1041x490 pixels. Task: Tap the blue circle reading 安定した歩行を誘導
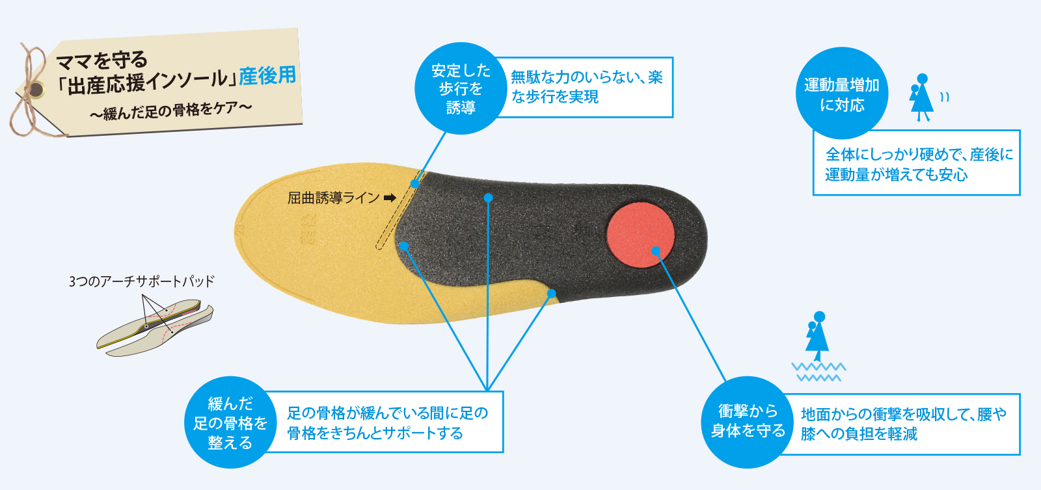[x=461, y=88]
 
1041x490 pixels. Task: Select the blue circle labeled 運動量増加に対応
[x=842, y=94]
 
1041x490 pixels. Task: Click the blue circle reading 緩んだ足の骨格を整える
[x=230, y=423]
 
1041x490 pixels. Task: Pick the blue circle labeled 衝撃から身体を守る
[x=748, y=422]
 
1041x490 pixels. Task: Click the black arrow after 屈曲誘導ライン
[x=390, y=198]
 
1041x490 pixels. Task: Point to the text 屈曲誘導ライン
[x=333, y=198]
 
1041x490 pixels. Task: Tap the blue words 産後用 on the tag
[x=267, y=76]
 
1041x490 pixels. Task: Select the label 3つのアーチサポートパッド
[x=141, y=281]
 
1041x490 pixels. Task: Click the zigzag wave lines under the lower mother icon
[x=818, y=372]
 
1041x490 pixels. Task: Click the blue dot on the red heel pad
[x=656, y=251]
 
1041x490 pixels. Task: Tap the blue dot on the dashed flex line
[x=415, y=184]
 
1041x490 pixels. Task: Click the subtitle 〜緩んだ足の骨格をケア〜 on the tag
[x=170, y=110]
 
